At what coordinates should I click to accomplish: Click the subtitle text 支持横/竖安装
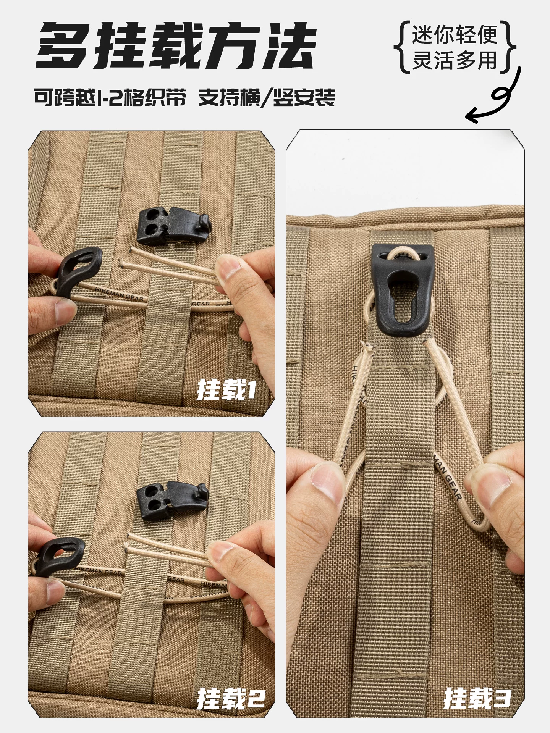266,98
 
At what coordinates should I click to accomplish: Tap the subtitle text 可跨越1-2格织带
110,98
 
